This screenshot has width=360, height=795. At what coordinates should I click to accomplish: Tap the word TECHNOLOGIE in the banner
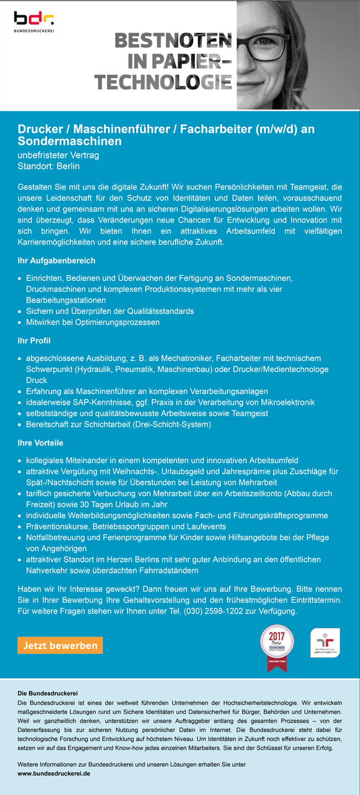pos(163,82)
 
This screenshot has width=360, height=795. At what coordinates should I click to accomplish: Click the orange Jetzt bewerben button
pos(60,645)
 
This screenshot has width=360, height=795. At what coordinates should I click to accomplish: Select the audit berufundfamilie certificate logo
pos(325,643)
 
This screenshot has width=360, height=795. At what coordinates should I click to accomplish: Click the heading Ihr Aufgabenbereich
pos(56,260)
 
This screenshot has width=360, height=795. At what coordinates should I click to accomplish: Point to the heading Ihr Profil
pos(34,340)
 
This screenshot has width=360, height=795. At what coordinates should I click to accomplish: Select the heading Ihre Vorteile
pos(40,443)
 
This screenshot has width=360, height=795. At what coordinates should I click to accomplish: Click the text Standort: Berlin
pos(49,166)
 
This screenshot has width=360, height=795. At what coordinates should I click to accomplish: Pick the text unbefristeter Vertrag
pos(58,156)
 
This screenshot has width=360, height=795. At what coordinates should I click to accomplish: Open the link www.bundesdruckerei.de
pos(54,773)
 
